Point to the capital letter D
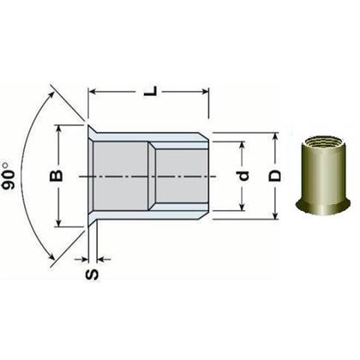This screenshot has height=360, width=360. click(x=275, y=176)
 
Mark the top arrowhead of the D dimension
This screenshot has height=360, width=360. click(x=275, y=137)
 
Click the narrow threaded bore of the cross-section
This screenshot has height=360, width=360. click(x=176, y=176)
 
